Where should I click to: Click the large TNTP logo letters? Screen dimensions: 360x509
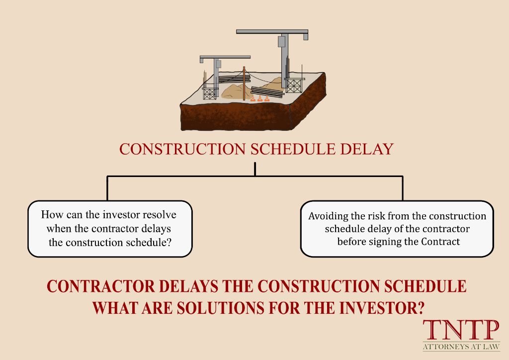click(461, 330)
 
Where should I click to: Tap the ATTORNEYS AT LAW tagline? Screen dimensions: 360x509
click(461, 346)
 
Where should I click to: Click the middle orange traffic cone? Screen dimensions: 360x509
click(259, 98)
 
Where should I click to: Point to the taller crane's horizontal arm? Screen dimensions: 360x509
click(271, 32)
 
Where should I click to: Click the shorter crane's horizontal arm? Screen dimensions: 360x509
click(225, 58)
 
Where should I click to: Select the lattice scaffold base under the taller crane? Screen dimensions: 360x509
click(295, 86)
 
